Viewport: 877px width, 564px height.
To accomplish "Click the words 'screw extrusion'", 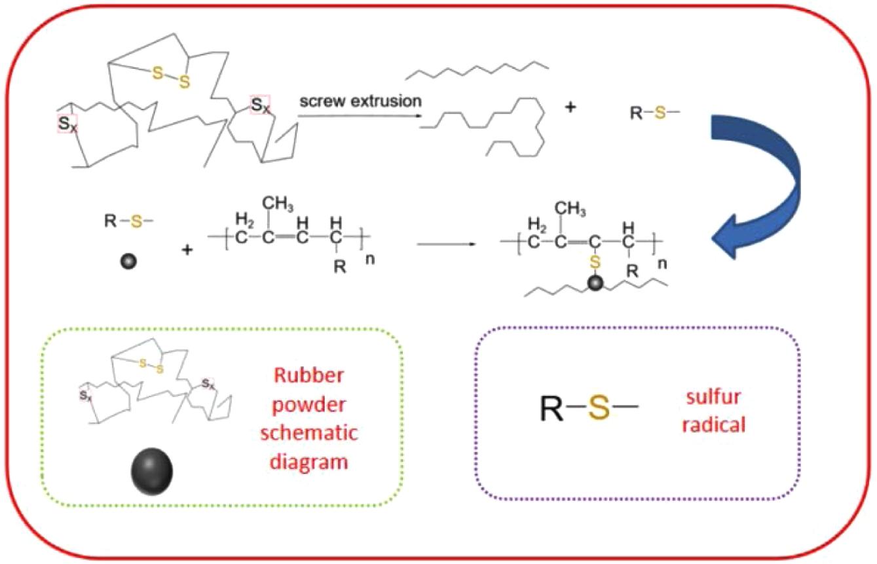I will tap(360, 102).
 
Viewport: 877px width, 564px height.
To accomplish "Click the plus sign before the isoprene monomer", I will tap(188, 249).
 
